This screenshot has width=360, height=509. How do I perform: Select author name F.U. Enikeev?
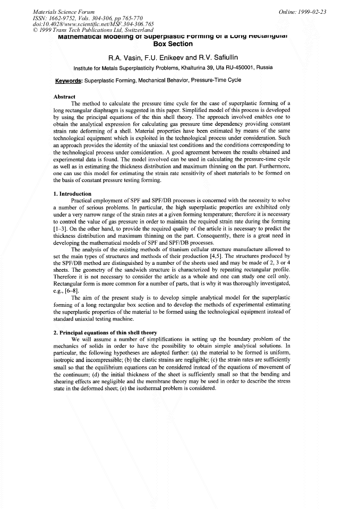click(165, 57)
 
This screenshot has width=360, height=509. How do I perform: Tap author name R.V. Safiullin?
click(218, 57)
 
